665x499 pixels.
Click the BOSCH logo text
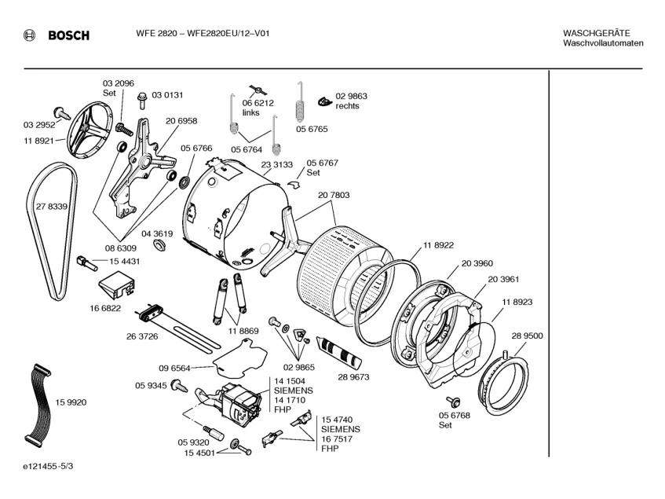tap(68, 35)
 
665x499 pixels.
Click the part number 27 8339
tap(51, 206)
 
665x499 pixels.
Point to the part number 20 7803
tap(334, 195)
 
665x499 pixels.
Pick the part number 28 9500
tap(528, 336)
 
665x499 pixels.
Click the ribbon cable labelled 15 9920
tap(35, 402)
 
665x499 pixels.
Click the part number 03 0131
tap(167, 95)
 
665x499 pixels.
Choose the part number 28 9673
tap(353, 377)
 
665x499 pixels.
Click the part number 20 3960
tap(477, 263)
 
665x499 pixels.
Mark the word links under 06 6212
tap(251, 113)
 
